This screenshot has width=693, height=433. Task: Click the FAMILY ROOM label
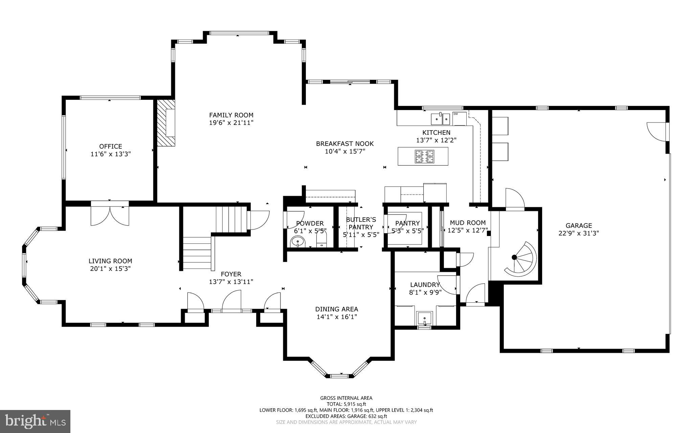[231, 115]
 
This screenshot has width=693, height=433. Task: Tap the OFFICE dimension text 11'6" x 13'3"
[110, 154]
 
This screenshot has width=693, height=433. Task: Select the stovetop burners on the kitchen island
[425, 156]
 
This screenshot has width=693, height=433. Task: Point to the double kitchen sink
[440, 119]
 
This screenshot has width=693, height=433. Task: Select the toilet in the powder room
[321, 241]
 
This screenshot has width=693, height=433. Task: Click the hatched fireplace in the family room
[166, 123]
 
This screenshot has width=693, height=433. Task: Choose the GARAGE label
[579, 225]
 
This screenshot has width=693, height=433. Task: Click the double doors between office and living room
[110, 214]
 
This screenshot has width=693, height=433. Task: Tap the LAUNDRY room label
[425, 285]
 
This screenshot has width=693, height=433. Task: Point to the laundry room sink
[424, 318]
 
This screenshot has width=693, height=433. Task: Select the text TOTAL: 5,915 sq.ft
[346, 404]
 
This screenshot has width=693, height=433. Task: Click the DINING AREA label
[336, 309]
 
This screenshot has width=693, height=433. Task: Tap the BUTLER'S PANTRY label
[361, 223]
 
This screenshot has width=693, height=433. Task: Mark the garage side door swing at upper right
[656, 133]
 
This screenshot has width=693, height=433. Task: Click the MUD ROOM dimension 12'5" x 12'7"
[467, 231]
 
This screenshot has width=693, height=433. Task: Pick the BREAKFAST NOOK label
[345, 144]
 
